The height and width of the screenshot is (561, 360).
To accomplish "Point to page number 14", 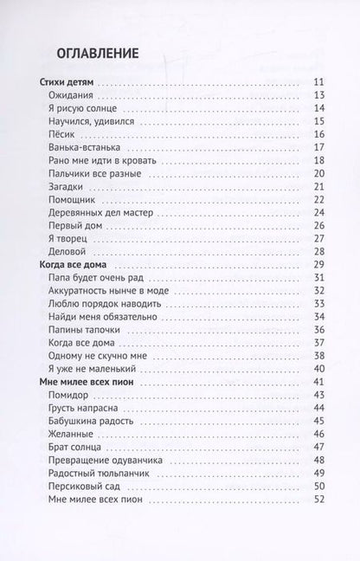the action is (318, 108).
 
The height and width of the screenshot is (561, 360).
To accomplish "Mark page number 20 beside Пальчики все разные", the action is (318, 173).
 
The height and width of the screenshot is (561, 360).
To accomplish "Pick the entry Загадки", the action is (72, 186).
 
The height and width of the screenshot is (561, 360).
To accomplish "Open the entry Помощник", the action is (76, 199).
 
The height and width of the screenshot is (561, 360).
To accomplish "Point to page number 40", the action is (318, 369).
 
